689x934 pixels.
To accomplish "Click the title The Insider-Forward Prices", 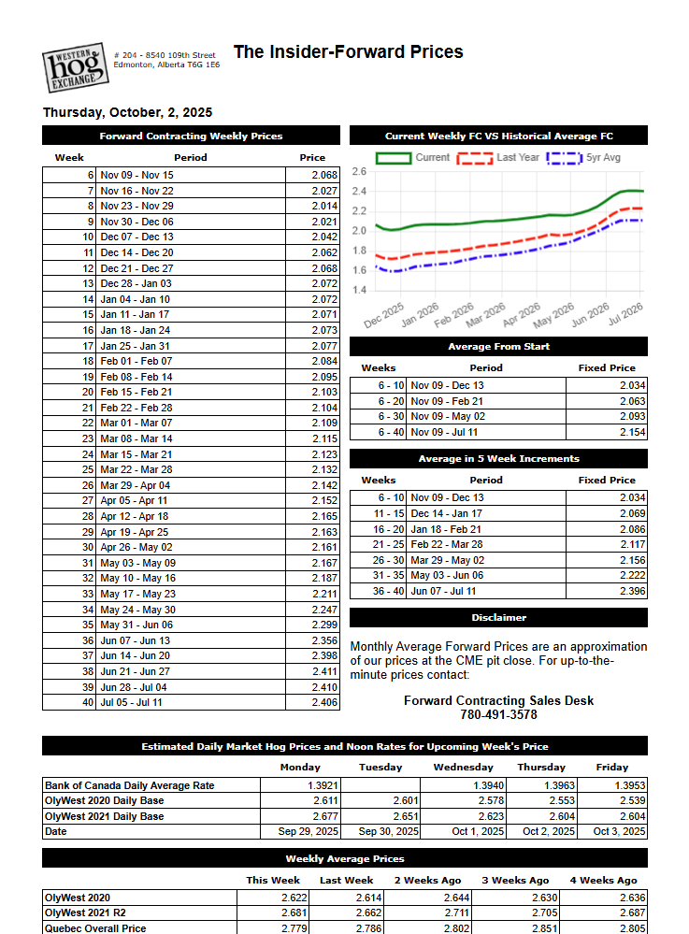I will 348,52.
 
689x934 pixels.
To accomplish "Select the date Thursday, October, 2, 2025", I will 127,113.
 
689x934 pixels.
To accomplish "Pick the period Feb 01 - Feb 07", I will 136,361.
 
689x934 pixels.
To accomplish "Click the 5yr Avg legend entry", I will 586,158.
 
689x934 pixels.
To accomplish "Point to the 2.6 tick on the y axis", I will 359,172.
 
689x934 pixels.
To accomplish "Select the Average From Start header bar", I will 498,347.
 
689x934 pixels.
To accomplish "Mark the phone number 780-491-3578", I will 498,715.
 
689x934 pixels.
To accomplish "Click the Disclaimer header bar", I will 498,618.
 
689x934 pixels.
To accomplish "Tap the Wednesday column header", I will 464,768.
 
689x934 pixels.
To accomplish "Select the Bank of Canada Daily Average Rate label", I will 130,785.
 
